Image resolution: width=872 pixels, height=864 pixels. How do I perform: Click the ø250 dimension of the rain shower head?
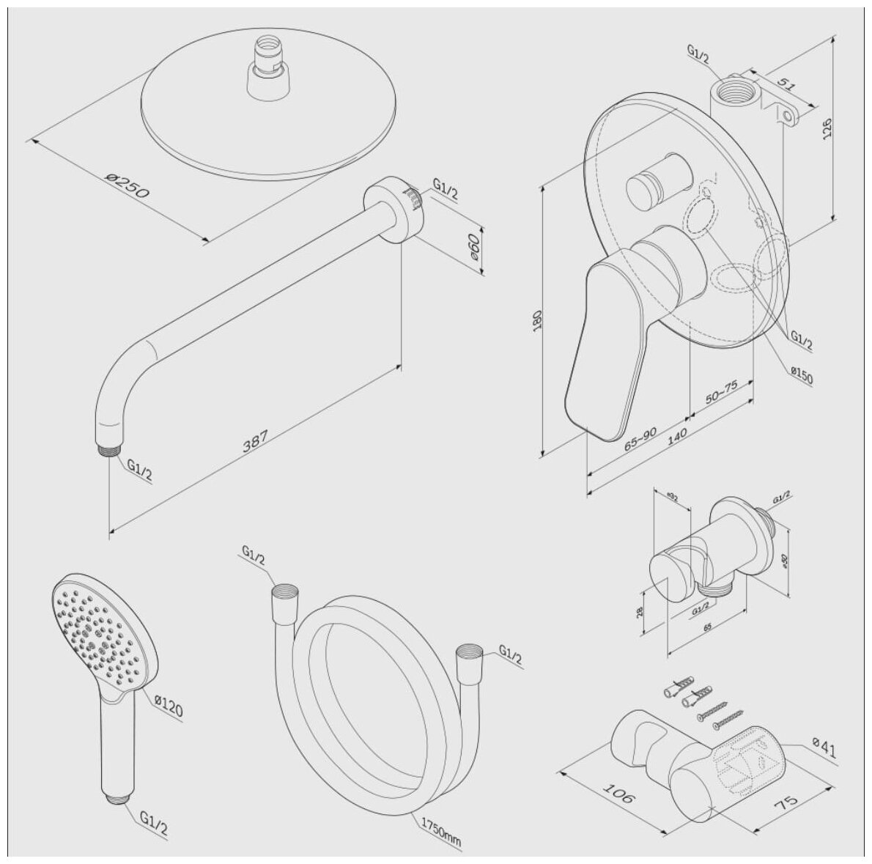coord(128,185)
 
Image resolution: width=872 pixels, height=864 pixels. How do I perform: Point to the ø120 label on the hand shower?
coord(169,708)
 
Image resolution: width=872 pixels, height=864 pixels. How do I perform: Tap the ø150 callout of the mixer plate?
coord(802,377)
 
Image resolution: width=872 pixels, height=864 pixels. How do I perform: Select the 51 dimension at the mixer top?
coord(785,84)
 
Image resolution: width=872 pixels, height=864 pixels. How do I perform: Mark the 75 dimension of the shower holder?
coord(790,805)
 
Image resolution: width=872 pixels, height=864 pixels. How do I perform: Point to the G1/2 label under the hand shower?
coord(154,828)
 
